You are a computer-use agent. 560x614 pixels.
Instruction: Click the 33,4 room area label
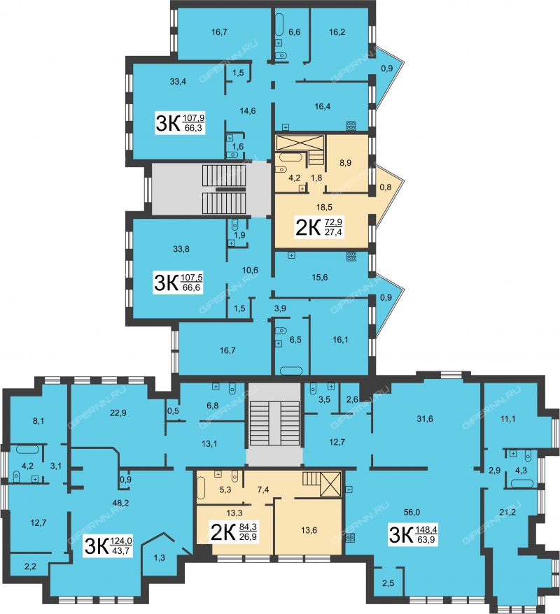pyautogui.click(x=178, y=81)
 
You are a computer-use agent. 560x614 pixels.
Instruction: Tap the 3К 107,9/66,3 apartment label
pyautogui.click(x=181, y=122)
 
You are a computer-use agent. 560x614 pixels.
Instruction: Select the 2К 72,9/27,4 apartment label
pyautogui.click(x=319, y=227)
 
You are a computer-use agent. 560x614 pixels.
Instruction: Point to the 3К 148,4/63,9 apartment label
pyautogui.click(x=413, y=535)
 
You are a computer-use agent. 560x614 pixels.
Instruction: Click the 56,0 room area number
pyautogui.click(x=412, y=512)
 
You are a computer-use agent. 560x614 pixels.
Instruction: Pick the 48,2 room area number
pyautogui.click(x=120, y=504)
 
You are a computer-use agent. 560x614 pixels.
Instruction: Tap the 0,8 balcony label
pyautogui.click(x=386, y=187)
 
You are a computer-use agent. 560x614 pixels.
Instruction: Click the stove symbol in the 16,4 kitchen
pyautogui.click(x=351, y=126)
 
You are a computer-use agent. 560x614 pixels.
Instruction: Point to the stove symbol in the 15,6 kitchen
pyautogui.click(x=351, y=257)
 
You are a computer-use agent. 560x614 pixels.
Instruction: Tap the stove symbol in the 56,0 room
pyautogui.click(x=350, y=538)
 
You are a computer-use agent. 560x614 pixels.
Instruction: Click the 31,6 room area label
pyautogui.click(x=425, y=419)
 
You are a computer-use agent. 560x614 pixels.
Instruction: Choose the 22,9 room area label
pyautogui.click(x=118, y=413)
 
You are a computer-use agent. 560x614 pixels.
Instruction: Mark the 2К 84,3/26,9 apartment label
pyautogui.click(x=234, y=531)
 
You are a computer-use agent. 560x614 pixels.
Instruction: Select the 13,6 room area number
pyautogui.click(x=309, y=530)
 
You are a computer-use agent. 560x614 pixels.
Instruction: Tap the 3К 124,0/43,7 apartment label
pyautogui.click(x=108, y=546)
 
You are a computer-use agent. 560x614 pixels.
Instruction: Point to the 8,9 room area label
pyautogui.click(x=345, y=162)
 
